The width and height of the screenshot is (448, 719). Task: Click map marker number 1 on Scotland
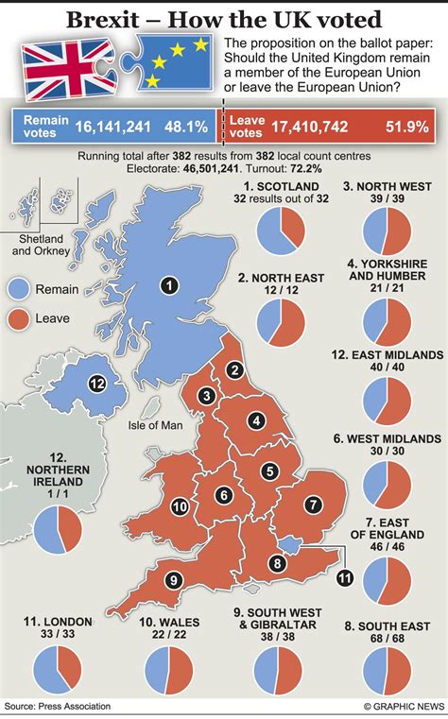pos(169,283)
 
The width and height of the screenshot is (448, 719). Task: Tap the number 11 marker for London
pos(344,577)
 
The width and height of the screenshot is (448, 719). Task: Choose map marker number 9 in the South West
pos(173,580)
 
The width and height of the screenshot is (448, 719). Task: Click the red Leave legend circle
pos(19,322)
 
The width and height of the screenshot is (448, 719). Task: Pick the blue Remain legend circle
pos(19,288)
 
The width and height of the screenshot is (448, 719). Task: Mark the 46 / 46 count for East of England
pos(388,546)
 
